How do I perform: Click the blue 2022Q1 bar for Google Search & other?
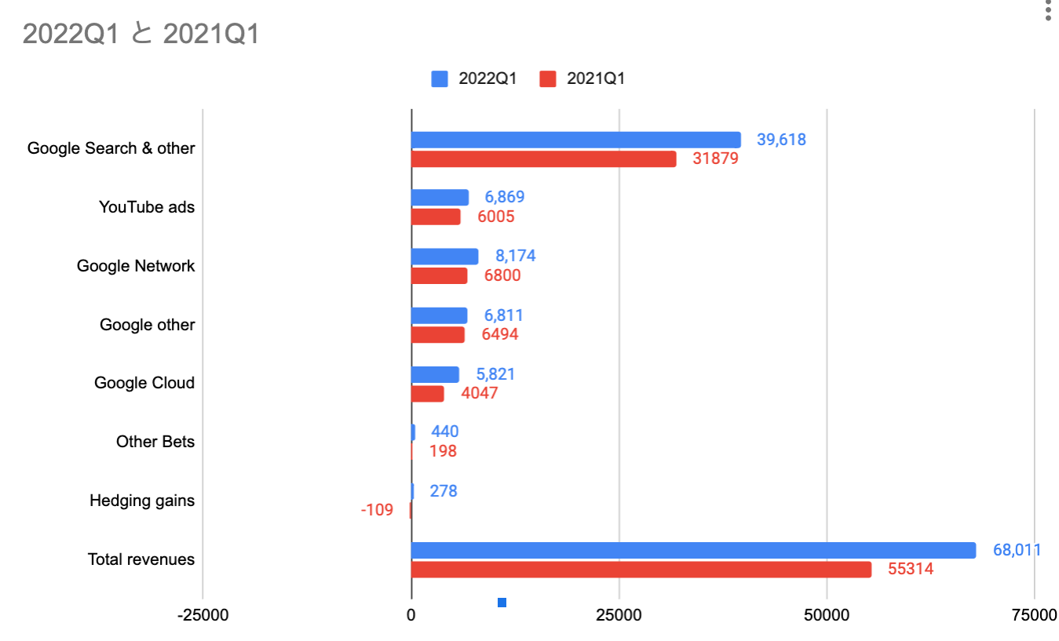[x=575, y=140]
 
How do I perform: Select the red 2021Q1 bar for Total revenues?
[x=641, y=570]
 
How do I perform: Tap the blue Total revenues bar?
[x=693, y=550]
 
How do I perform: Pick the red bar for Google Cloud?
[x=428, y=394]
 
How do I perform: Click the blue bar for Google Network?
[x=444, y=257]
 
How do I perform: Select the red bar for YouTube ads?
[x=436, y=217]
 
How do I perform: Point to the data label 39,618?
[x=781, y=140]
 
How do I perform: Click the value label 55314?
[x=911, y=570]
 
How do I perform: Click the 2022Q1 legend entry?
[x=474, y=78]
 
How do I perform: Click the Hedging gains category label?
[x=142, y=501]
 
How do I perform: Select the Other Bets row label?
[x=155, y=442]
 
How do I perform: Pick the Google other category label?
[x=147, y=325]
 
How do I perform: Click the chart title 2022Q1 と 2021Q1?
[x=141, y=34]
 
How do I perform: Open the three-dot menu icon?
[x=1048, y=11]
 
